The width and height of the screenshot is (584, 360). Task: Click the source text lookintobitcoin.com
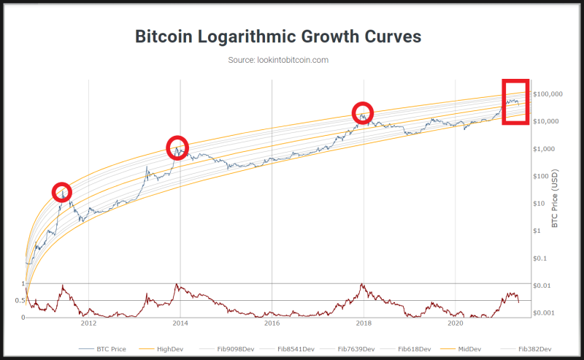coord(278,60)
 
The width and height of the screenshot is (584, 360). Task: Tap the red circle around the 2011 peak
coord(63,191)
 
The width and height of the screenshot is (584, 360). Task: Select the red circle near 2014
coord(177,148)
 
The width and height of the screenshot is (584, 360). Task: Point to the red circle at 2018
coord(363,112)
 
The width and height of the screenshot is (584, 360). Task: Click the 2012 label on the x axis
coord(89,323)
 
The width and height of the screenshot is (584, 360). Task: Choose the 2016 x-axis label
coord(272,323)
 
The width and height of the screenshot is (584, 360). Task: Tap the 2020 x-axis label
coord(455,323)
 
